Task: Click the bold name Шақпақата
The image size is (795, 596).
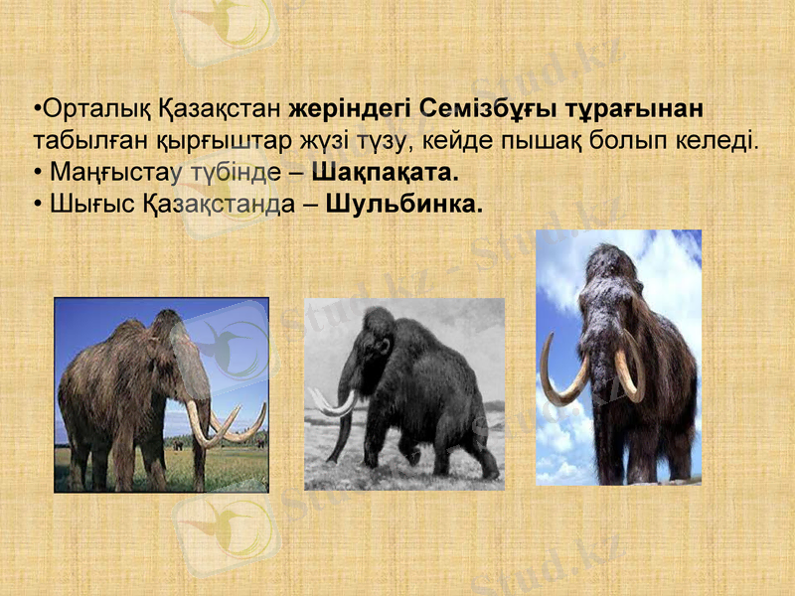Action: coord(386,173)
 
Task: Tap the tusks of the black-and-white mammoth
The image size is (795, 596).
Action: coord(333,403)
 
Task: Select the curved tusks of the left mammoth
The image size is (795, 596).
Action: coord(224,422)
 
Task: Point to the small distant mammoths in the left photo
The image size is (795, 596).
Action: coord(179,444)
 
